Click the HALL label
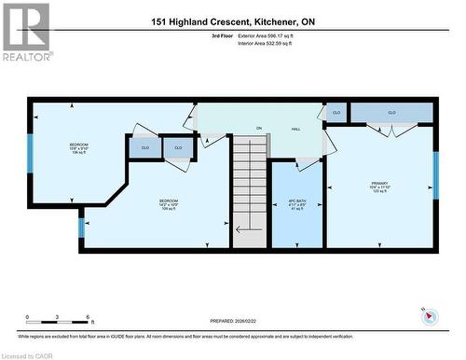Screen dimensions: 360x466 pos(295,129)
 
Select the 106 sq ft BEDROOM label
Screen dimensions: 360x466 pos(78,147)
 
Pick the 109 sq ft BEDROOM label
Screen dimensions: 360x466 pos(168,204)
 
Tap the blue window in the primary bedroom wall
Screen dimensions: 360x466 pos(435,173)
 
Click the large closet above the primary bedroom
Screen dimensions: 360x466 pos(391,113)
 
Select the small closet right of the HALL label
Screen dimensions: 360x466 pos(336,113)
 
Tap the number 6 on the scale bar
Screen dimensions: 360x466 pos(88,319)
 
